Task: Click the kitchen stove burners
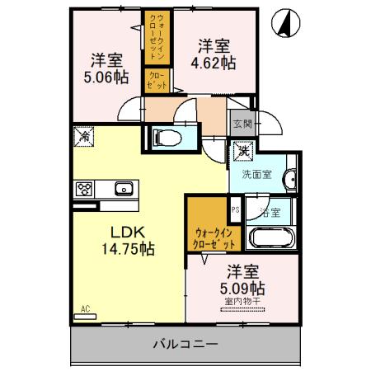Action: [85, 189]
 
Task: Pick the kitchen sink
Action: [124, 189]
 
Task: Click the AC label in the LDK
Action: [85, 310]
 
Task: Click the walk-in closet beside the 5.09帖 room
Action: [215, 238]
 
